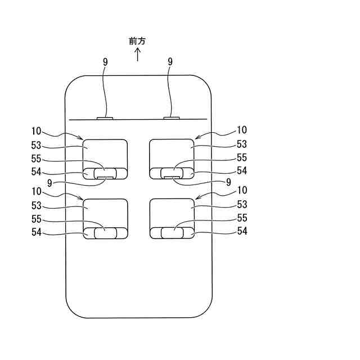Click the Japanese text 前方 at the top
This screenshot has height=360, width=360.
coord(138,41)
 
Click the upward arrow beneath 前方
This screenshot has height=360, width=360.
coord(138,55)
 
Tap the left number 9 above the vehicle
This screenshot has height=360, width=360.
coord(105,62)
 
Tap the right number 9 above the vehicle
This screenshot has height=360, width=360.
coord(170,62)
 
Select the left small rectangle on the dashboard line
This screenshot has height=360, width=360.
coord(105,118)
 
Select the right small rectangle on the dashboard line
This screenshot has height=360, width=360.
coord(171,118)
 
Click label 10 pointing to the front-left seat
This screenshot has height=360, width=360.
coord(37,130)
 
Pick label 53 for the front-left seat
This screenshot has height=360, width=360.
coord(37,145)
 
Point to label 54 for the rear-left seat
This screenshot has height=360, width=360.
coord(37,231)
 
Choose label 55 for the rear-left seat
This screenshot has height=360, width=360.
coord(37,218)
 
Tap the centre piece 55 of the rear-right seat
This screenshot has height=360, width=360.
coord(172,233)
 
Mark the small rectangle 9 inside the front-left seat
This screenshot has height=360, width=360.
coord(105,177)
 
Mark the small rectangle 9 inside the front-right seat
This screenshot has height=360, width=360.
coord(172,177)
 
